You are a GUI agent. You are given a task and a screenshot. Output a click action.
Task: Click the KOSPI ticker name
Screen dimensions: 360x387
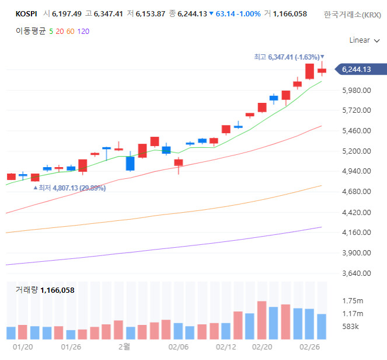click(x=27, y=13)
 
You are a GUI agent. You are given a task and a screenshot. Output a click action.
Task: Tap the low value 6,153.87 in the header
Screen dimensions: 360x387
click(x=150, y=13)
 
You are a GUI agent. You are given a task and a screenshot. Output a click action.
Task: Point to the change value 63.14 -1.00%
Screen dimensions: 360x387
click(x=238, y=13)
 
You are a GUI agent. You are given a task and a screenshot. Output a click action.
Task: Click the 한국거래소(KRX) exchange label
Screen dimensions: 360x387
click(x=353, y=14)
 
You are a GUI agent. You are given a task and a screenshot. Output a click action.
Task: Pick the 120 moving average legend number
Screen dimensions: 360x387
click(x=83, y=31)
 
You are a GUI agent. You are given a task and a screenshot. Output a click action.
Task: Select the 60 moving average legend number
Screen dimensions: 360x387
click(x=70, y=31)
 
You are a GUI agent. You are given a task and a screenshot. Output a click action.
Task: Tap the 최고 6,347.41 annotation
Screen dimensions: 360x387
click(x=287, y=57)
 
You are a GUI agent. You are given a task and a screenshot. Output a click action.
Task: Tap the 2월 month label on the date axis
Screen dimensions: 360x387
click(x=124, y=347)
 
